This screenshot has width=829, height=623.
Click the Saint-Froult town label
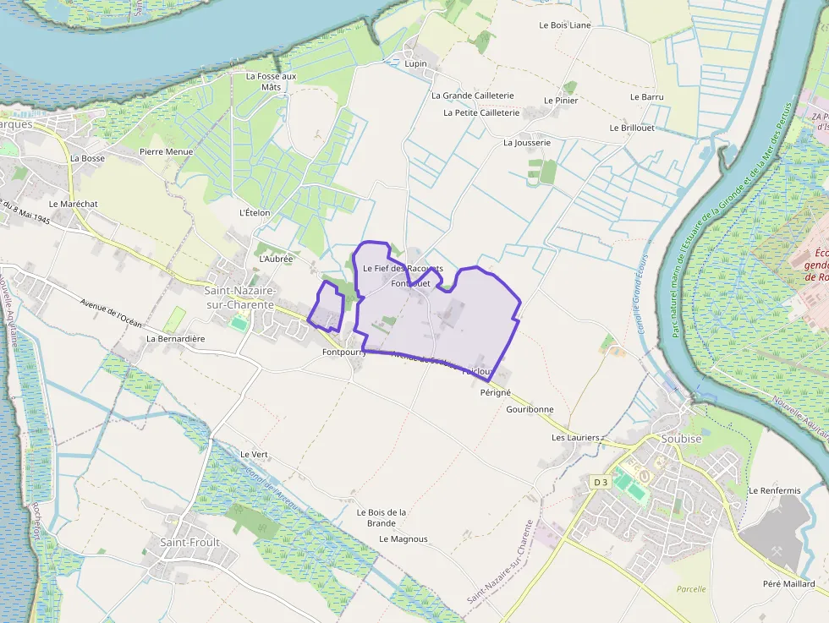[190, 542]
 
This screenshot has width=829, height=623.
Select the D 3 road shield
[601, 482]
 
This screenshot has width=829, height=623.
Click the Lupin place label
[415, 63]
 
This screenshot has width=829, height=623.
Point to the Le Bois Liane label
[565, 25]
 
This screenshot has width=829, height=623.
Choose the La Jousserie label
[527, 143]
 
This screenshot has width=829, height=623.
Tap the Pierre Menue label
[167, 152]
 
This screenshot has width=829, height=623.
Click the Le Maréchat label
[74, 204]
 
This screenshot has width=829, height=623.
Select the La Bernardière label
[176, 338]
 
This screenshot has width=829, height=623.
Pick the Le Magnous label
[404, 538]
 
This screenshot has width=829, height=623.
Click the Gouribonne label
[530, 409]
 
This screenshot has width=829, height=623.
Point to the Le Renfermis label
[774, 490]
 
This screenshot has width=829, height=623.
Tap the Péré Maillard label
[788, 584]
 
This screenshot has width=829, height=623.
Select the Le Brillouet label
[631, 128]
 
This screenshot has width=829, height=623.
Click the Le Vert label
[254, 454]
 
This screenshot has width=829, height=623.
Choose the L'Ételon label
[255, 212]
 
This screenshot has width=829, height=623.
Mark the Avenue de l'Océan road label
[111, 314]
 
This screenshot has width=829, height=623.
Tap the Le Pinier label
[561, 101]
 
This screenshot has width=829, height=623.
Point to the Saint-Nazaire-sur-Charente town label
[239, 297]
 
